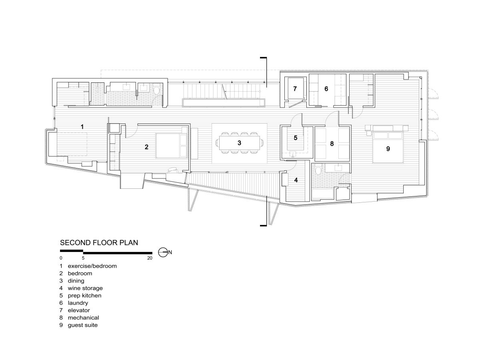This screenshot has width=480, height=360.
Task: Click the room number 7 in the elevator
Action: tap(295, 89)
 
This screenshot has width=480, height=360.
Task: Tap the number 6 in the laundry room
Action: tap(326, 89)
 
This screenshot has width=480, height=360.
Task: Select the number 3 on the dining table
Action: tap(239, 143)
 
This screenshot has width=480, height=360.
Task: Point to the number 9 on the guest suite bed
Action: tap(388, 149)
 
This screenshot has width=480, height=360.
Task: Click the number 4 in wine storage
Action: tap(296, 180)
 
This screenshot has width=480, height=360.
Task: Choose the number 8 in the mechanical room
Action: tap(332, 144)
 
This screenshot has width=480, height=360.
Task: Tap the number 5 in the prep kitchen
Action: tap(296, 138)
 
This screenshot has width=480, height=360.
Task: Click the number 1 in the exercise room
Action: tap(82, 126)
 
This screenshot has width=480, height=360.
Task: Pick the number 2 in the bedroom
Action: tap(146, 147)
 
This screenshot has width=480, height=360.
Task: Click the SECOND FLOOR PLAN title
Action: tap(99, 243)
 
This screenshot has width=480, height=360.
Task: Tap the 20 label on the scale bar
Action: tap(150, 258)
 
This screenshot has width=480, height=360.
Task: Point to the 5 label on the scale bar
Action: tap(83, 258)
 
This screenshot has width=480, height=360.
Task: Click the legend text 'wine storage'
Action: tap(85, 288)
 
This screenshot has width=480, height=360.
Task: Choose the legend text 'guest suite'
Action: tap(83, 325)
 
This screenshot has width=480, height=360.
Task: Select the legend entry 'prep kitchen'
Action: tap(84, 296)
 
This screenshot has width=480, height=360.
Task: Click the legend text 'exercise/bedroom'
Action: tap(92, 266)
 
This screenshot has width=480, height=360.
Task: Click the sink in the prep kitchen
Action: tap(293, 154)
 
